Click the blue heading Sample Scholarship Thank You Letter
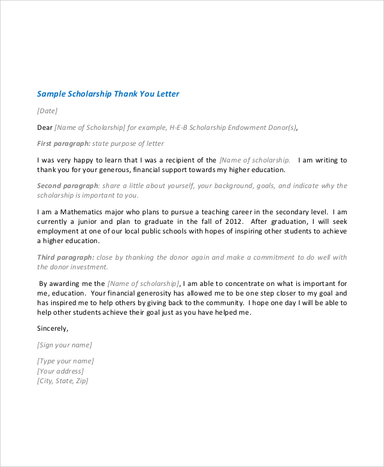coord(108,94)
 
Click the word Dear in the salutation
coord(45,127)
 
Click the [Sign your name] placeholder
coord(65,344)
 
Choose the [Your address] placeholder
coord(60,371)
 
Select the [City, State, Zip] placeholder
coord(63,381)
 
